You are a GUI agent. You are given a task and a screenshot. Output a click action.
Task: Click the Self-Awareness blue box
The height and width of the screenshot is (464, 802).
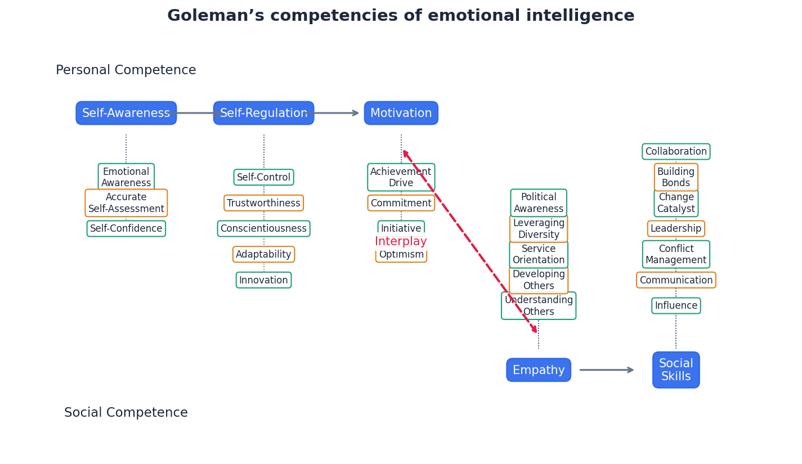coord(126,113)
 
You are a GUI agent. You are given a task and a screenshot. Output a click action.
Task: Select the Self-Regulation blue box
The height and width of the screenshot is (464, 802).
coord(263,113)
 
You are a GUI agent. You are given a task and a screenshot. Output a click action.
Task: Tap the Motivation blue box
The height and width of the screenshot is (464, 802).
coord(401,113)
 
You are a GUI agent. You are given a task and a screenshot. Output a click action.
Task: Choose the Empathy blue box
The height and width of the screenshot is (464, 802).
coord(538,370)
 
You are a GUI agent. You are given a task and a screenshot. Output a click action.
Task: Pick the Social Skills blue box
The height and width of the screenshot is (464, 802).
coord(675,370)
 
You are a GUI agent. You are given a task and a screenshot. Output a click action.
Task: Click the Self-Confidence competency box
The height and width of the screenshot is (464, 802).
coord(126,229)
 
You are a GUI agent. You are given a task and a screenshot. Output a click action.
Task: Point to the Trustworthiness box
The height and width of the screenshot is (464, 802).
coord(263,203)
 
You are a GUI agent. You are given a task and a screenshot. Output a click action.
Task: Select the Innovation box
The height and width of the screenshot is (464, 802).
coord(263,280)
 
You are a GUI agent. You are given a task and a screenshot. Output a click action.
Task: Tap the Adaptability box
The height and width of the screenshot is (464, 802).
coord(263,254)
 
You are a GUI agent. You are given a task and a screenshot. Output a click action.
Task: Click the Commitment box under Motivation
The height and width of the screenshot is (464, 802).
coord(401,203)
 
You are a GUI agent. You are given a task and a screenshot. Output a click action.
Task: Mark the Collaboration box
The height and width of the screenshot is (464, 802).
coord(675,152)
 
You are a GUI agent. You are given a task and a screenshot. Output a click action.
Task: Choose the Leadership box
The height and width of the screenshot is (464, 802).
coord(675,229)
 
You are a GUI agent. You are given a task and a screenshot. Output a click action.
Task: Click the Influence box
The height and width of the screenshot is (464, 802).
coord(675,306)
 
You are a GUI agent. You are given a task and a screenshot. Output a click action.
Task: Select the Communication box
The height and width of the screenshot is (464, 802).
coord(675,280)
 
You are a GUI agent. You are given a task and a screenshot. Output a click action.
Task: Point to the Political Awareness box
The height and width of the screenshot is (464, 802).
coord(538,203)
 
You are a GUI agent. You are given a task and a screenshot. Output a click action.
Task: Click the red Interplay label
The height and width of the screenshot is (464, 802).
coord(401,242)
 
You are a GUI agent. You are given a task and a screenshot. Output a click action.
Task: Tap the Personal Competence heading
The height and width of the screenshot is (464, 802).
coord(126,70)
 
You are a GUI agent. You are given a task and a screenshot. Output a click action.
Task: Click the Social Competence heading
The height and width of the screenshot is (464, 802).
coord(126,413)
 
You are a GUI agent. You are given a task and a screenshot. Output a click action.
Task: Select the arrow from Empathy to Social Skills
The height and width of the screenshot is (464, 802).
coord(607,370)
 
